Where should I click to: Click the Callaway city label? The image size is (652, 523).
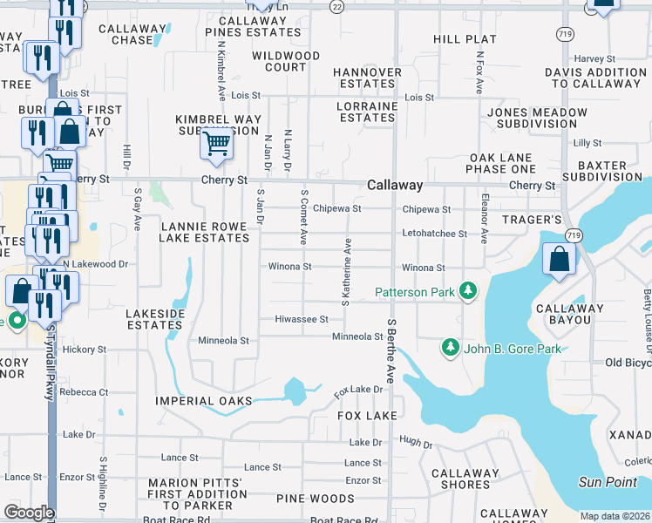pos(395,186)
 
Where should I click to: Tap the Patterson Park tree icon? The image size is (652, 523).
pos(469,290)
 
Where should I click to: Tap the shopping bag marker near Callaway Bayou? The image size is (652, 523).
pos(558,259)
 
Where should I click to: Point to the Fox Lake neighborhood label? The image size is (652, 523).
pos(368,416)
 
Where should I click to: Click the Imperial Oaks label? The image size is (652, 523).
pos(203,401)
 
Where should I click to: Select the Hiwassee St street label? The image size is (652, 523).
pos(301,319)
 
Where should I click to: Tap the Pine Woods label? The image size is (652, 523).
pos(315,499)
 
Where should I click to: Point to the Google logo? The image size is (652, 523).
pos(30,513)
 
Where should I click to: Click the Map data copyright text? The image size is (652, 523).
pos(615,516)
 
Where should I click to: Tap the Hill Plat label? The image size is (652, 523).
pos(465,39)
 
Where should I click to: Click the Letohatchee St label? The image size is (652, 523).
pos(435,234)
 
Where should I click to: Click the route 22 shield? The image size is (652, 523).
pos(337,5)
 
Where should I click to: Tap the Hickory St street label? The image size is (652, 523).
pos(85,350)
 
